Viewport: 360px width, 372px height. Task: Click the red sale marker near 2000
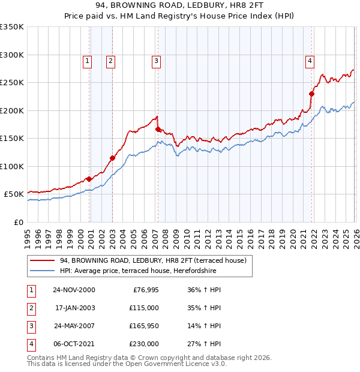(89, 179)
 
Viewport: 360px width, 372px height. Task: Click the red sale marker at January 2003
(112, 158)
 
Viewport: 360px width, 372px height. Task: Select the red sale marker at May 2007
(158, 129)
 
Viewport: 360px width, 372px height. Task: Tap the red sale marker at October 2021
(311, 94)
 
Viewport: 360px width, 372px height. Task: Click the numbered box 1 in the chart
(88, 60)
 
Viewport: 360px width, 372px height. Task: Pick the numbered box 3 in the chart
(155, 60)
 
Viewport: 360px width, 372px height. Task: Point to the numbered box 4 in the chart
(310, 60)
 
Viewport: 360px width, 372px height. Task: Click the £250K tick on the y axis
(12, 83)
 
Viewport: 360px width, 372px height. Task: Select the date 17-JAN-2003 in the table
(73, 308)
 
